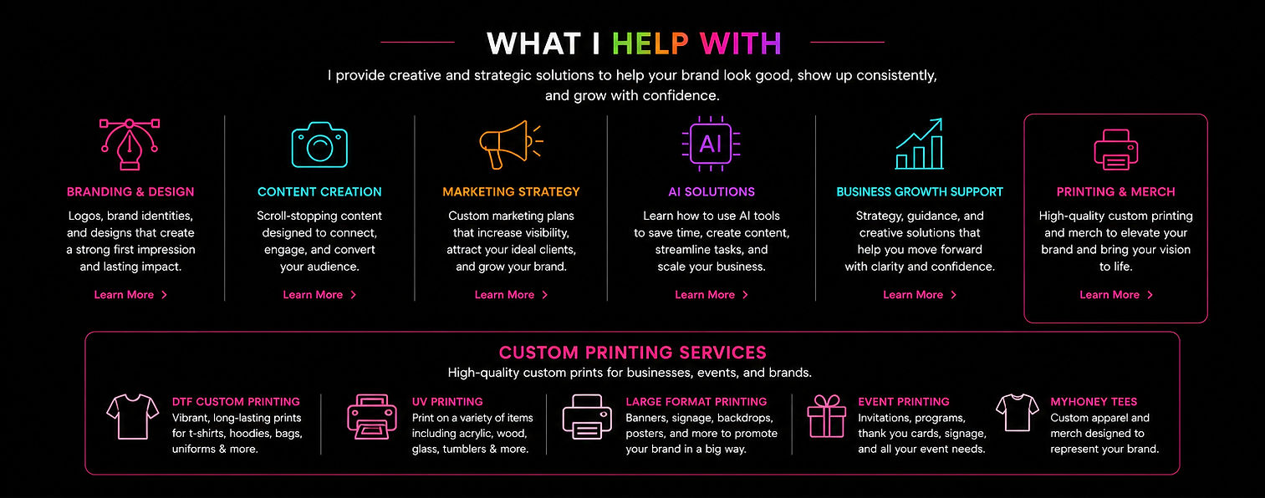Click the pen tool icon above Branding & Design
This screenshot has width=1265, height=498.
pyautogui.click(x=130, y=145)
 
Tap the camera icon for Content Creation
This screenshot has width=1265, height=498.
pyautogui.click(x=319, y=145)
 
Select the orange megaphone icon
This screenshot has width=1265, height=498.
pyautogui.click(x=511, y=145)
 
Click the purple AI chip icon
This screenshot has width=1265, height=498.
pyautogui.click(x=711, y=144)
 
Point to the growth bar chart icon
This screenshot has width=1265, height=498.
pyautogui.click(x=920, y=144)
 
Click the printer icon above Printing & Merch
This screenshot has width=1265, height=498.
pyautogui.click(x=1116, y=150)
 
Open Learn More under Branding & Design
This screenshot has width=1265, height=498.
pyautogui.click(x=130, y=295)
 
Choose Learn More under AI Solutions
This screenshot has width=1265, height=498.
pyautogui.click(x=712, y=295)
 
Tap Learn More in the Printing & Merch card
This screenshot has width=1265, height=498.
pyautogui.click(x=1116, y=295)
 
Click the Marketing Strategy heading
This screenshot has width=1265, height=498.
pyautogui.click(x=511, y=192)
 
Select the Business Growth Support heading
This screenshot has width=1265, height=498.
pyautogui.click(x=920, y=192)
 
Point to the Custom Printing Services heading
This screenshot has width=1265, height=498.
pyautogui.click(x=632, y=353)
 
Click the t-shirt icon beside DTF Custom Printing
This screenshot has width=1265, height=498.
pyautogui.click(x=133, y=417)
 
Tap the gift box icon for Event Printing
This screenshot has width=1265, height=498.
pyautogui.click(x=827, y=416)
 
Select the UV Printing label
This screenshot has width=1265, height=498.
pyautogui.click(x=447, y=401)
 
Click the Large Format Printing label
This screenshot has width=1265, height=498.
pyautogui.click(x=696, y=401)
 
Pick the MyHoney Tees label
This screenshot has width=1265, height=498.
pyautogui.click(x=1094, y=401)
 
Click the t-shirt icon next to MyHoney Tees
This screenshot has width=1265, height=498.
pyautogui.click(x=1017, y=413)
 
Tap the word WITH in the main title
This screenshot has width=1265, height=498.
pyautogui.click(x=741, y=43)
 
